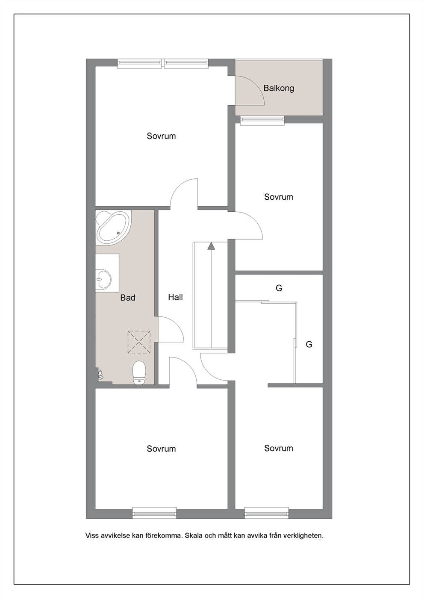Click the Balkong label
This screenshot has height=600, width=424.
coord(279,89)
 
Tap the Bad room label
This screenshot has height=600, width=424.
coord(128,298)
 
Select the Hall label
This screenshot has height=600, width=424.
coord(175,297)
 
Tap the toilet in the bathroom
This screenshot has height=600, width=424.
coord(139,372)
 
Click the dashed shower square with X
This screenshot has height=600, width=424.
coord(139,342)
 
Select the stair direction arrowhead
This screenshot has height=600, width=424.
coord(212,246)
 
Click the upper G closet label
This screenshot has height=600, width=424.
coord(279,288)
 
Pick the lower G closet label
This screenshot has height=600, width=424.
coord(309,344)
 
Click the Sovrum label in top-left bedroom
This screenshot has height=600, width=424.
coord(161,136)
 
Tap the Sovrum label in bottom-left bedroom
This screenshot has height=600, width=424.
coord(161,449)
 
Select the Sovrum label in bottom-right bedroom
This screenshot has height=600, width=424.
coord(278,448)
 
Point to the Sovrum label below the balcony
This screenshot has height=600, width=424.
coord(278,197)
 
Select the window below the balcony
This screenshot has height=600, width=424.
coord(262,121)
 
